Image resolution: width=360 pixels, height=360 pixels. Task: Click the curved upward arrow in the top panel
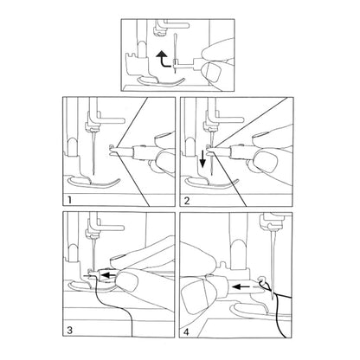(x=162, y=60)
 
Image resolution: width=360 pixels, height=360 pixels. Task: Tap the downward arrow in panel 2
(x=202, y=158)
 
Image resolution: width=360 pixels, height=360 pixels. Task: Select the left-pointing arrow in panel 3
(x=109, y=275)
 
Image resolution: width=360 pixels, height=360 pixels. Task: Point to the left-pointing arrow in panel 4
(x=241, y=286)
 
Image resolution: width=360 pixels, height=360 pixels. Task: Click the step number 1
(x=68, y=200)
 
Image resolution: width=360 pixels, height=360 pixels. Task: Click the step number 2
(x=187, y=200)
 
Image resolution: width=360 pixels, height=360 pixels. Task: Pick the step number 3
(x=69, y=331)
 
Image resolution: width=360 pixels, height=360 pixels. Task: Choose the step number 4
(x=186, y=331)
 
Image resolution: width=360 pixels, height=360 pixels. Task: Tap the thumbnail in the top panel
(x=212, y=72)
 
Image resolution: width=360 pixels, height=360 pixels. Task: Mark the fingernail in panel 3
(x=127, y=281)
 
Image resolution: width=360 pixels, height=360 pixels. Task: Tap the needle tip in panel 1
(x=94, y=173)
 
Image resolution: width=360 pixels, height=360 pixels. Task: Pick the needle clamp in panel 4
(x=269, y=221)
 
